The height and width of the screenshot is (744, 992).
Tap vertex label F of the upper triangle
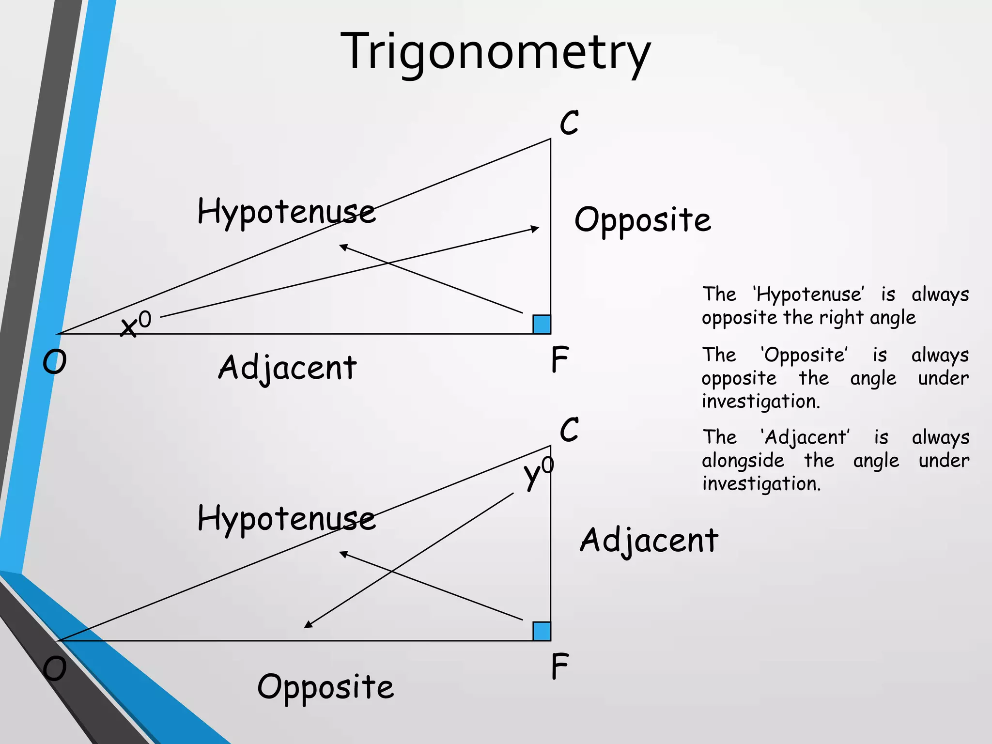point(559,359)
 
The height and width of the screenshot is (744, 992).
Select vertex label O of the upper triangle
point(54,362)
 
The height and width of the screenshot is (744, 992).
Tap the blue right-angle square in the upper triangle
point(542,324)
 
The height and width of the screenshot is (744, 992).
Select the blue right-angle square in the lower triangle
point(542,631)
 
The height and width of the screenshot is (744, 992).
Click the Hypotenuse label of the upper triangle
point(286,212)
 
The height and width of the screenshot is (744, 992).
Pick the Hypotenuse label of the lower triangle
point(286,519)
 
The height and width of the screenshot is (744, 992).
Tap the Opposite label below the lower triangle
point(325,687)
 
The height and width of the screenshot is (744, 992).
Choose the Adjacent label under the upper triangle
point(287,368)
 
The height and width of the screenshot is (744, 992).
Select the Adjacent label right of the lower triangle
point(649,541)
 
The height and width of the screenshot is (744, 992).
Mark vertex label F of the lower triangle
point(559,666)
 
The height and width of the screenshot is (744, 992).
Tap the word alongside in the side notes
point(743,460)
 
